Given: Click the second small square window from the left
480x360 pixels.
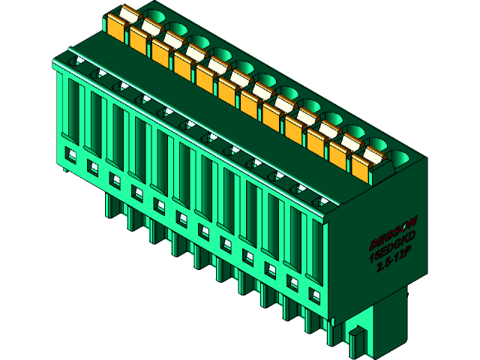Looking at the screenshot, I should (x=94, y=166).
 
